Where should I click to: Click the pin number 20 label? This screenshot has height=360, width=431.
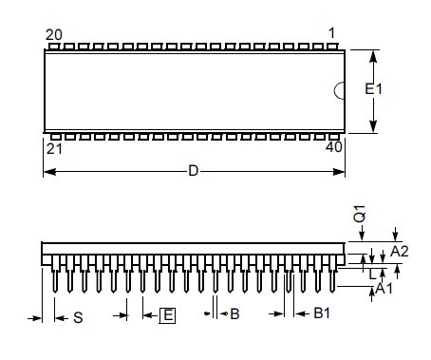54,35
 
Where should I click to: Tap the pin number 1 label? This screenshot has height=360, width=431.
331,33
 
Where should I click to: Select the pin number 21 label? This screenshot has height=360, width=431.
54,149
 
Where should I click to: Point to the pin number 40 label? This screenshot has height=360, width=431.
334,147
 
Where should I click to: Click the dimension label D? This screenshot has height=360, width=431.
193,171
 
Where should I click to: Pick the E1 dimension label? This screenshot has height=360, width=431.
373,89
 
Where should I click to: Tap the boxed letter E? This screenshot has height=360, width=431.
168,315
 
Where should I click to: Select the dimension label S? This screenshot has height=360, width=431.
78,317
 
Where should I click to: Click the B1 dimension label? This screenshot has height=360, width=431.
322,313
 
